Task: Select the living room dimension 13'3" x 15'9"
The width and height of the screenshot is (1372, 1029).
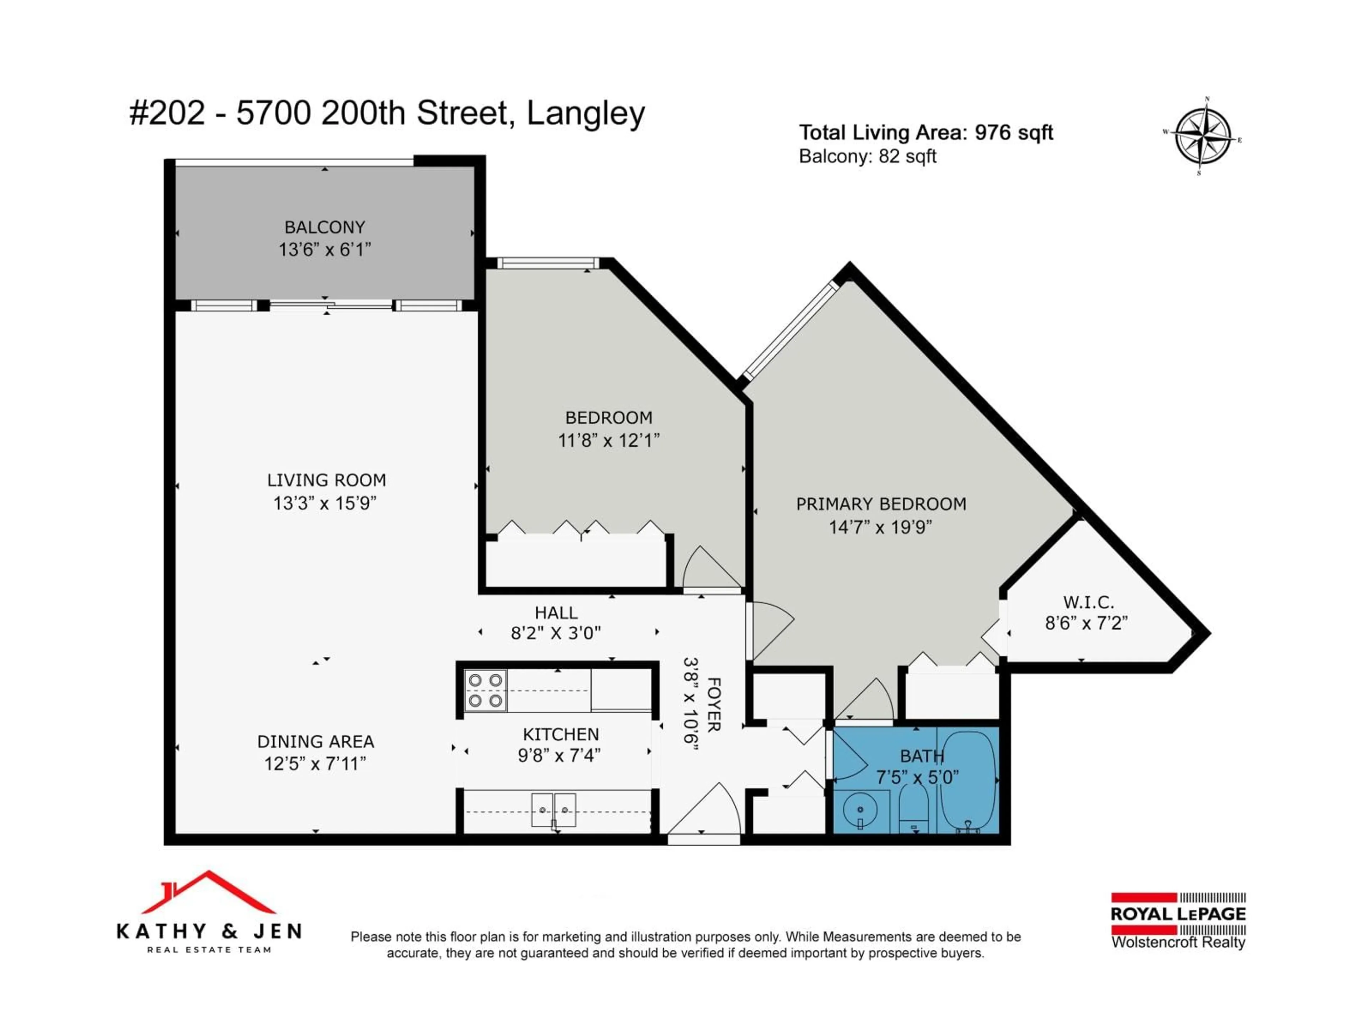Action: [x=325, y=503]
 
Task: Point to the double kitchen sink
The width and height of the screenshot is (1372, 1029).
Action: [x=553, y=810]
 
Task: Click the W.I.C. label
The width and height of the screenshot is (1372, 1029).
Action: [x=1088, y=602]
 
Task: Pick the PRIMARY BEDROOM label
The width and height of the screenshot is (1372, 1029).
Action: [x=881, y=504]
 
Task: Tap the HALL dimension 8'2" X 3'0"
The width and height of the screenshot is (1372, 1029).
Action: [x=556, y=633]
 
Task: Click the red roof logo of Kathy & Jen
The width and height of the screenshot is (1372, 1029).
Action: [x=208, y=893]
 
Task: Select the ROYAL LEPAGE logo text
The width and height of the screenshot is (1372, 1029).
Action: [x=1178, y=914]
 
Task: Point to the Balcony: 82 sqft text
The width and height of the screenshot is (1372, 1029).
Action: [x=867, y=156]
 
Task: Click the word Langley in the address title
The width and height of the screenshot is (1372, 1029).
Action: [x=586, y=114]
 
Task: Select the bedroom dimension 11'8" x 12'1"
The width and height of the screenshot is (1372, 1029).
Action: [x=608, y=441]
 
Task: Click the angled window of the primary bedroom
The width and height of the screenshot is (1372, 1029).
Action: [x=790, y=330]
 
